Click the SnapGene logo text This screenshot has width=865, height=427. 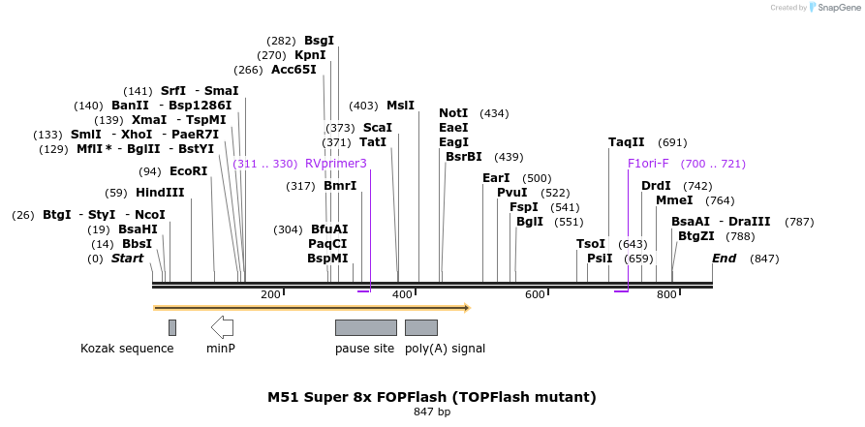pos(838,8)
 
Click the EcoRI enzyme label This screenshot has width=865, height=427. pos(188,171)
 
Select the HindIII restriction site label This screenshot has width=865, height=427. pos(160,193)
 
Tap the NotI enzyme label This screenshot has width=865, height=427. pos(453,113)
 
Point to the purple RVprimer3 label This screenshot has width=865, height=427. pos(335,164)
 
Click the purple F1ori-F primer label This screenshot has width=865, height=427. pos(648,164)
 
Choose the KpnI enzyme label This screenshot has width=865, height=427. pos(310,55)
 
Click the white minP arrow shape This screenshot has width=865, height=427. pos(222,326)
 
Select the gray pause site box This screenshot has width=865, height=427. pos(365,327)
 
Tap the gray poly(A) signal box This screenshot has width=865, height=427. pos(420,327)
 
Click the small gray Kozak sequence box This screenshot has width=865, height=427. pos(172,327)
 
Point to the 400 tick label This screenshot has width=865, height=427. pos(403,294)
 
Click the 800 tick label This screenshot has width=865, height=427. pos(666,294)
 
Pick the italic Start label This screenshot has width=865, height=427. pos(127,259)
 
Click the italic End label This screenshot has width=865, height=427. pos(724,259)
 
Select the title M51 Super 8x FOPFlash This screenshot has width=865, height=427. pos(432,397)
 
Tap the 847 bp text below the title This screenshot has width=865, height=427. pos(432,412)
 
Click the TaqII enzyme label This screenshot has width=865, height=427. pos(627,142)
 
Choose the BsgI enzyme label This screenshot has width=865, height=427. pos(319,41)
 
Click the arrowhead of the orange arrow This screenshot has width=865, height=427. pos(466,308)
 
